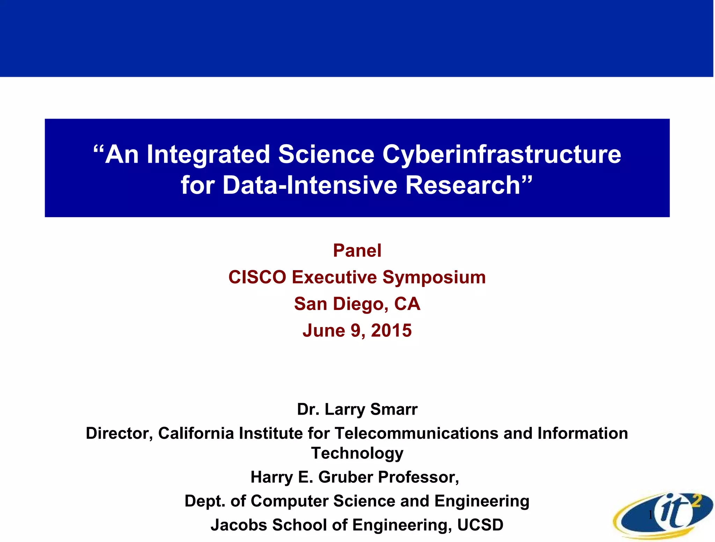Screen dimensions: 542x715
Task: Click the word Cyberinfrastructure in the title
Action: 502,154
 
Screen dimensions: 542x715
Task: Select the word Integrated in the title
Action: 208,154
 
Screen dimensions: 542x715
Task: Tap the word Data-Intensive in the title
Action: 310,185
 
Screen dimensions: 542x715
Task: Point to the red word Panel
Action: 357,251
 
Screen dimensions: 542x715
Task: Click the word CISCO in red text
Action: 257,277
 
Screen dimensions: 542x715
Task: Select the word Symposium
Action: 434,277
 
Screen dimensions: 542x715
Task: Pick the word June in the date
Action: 324,331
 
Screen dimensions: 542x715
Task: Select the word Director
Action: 119,433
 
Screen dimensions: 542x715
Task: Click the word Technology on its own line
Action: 357,453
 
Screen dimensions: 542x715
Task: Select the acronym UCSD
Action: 480,525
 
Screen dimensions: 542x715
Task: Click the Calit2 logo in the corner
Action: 663,516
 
